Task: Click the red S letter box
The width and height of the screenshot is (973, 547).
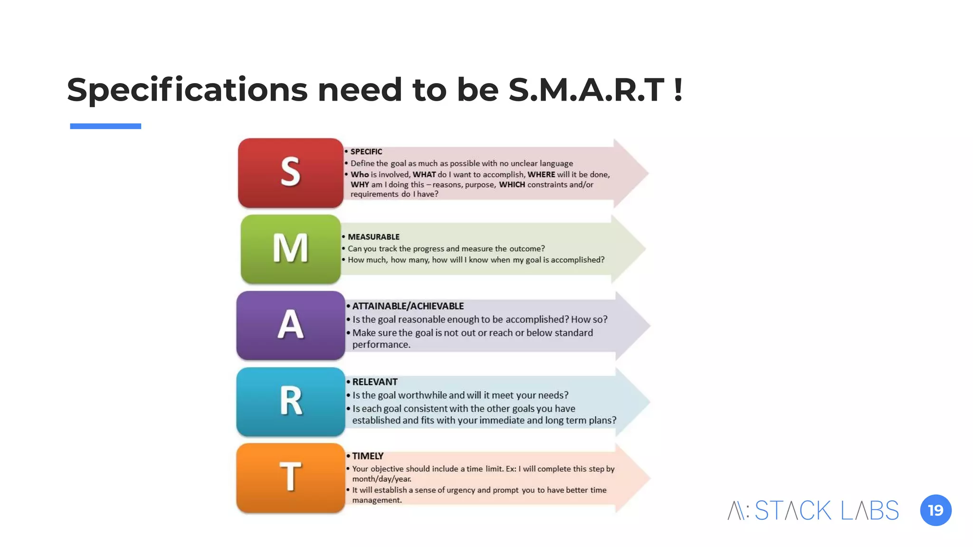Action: pos(290,173)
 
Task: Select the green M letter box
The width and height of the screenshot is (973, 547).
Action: pos(290,249)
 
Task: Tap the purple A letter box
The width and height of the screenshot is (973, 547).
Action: pos(290,326)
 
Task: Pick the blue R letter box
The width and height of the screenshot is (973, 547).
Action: pos(290,402)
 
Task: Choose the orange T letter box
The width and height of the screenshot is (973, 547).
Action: pos(290,478)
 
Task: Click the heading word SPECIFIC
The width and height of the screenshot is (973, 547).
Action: pos(366,152)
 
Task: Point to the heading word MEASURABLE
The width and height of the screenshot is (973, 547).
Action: pos(373,237)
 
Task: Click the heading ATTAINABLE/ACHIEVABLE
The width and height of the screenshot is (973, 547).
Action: pos(408,306)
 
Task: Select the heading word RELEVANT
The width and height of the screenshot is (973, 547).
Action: pos(375,382)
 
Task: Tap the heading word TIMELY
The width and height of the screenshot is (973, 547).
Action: pos(367,456)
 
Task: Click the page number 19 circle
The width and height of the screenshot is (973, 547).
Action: pos(935,510)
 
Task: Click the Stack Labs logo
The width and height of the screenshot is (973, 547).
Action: pos(813,510)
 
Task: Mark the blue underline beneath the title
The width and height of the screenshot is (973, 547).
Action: pos(105,126)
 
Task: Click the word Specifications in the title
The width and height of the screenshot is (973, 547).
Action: pos(187,90)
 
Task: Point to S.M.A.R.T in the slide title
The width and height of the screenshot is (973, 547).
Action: pos(586,90)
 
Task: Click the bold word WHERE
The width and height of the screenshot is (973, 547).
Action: pos(541,175)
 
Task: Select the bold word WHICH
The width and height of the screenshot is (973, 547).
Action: pos(512,185)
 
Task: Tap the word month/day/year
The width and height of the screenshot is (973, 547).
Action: pos(382,479)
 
